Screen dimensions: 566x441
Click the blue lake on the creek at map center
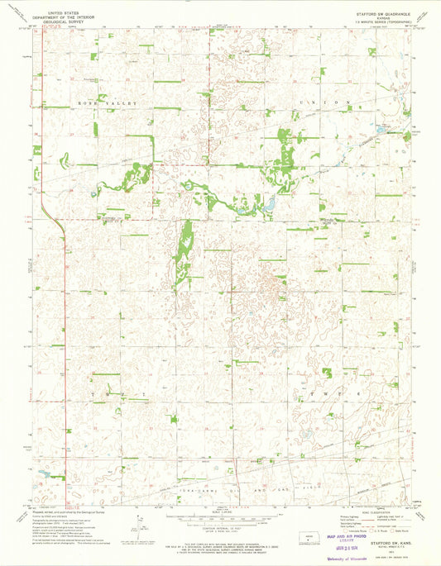[269, 204]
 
